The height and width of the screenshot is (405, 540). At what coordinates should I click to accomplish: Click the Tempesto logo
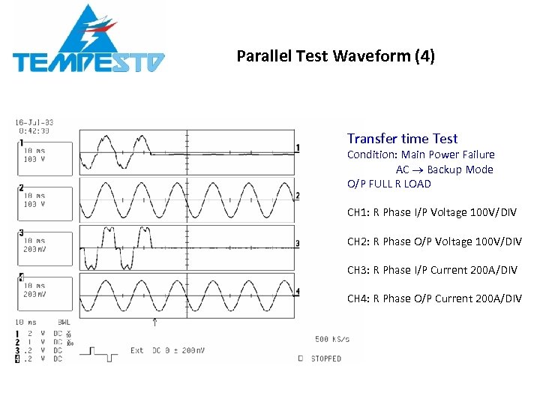click(88, 41)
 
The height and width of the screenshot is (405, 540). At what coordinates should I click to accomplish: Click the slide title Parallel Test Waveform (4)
click(335, 56)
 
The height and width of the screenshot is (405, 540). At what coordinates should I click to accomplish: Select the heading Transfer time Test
click(402, 139)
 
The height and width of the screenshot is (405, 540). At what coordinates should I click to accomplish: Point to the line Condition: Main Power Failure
click(421, 154)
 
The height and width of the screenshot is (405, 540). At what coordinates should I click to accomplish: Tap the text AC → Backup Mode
click(444, 169)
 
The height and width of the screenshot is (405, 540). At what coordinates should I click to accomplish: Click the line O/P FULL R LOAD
click(388, 184)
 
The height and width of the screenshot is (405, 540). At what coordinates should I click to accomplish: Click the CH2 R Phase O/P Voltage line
click(433, 241)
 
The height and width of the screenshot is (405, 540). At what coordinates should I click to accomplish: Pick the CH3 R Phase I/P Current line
click(432, 270)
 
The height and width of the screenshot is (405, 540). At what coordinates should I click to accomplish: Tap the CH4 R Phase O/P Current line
click(433, 298)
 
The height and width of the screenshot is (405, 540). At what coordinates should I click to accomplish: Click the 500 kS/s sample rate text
click(331, 339)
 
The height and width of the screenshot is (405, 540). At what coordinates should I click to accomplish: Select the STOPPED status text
click(324, 358)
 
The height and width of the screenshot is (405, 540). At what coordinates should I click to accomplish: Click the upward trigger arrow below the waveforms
click(155, 322)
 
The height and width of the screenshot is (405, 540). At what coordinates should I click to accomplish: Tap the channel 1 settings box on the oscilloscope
click(45, 158)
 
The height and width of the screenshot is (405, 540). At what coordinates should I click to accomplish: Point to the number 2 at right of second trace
click(298, 196)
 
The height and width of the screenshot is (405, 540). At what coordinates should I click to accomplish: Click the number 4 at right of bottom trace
click(298, 291)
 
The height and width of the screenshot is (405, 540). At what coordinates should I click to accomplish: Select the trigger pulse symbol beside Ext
click(102, 351)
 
